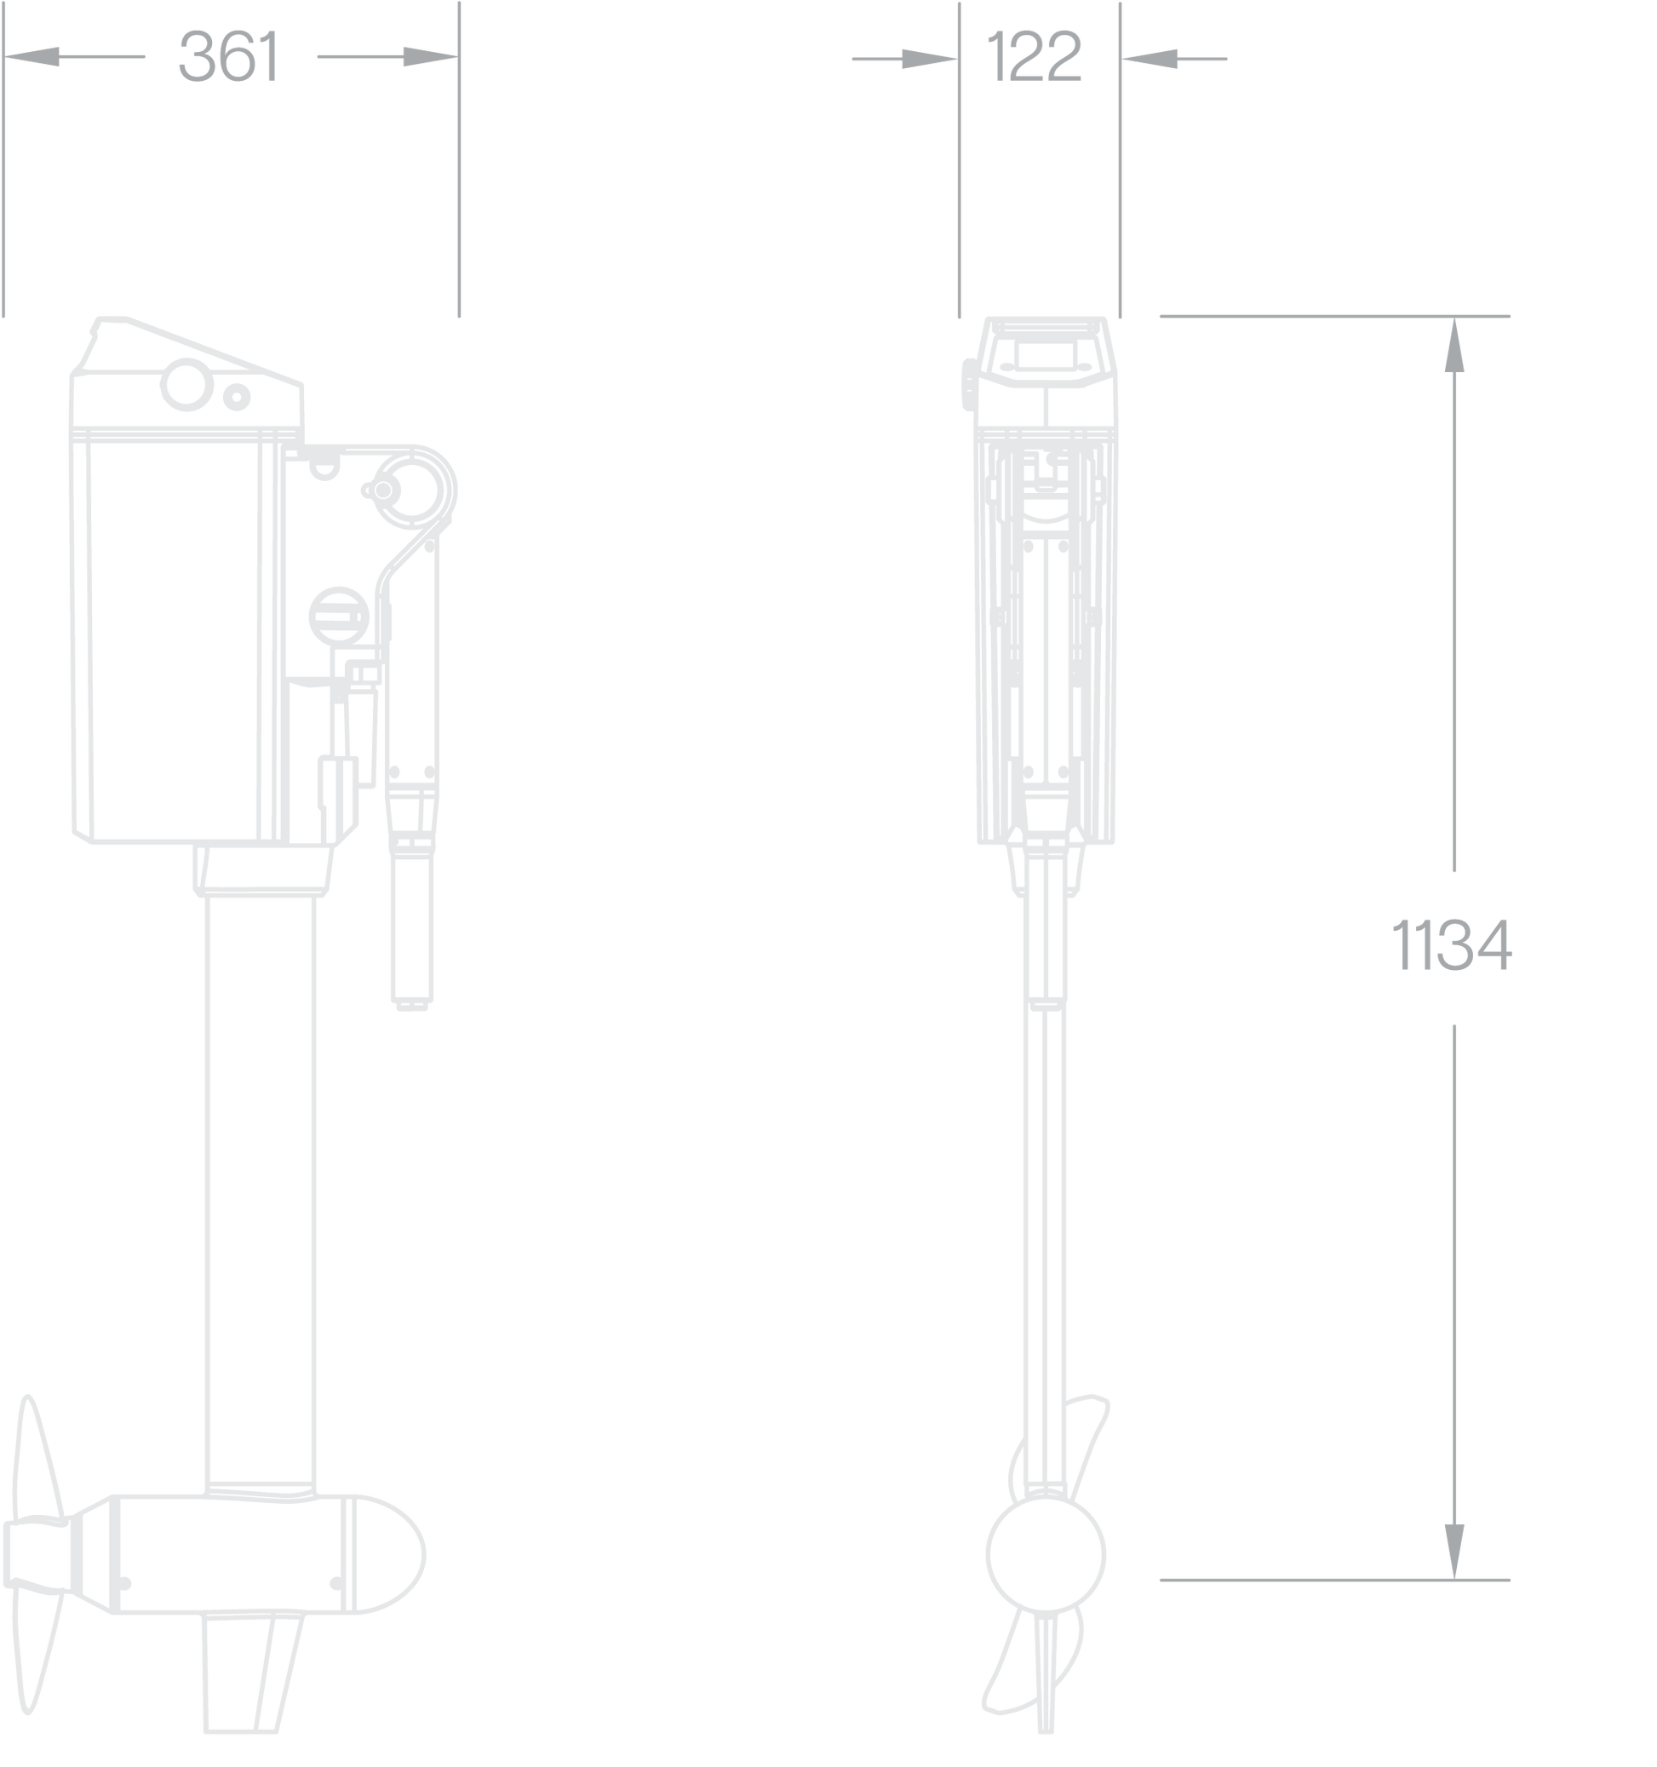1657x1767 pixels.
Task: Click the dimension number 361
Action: click(x=229, y=56)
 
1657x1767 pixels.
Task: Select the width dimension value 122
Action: click(x=1035, y=56)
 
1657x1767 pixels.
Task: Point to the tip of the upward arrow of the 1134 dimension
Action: click(x=1454, y=318)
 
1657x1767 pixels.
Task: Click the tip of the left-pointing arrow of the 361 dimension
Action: click(x=4, y=57)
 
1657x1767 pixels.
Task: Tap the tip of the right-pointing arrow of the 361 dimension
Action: click(x=458, y=57)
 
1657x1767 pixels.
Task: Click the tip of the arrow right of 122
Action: click(x=1122, y=60)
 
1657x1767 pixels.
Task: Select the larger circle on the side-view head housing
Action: click(x=186, y=385)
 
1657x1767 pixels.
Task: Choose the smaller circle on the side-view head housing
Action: click(x=237, y=397)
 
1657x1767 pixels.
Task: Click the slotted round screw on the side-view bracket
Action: click(x=339, y=616)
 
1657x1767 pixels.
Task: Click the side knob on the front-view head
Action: click(x=969, y=385)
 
